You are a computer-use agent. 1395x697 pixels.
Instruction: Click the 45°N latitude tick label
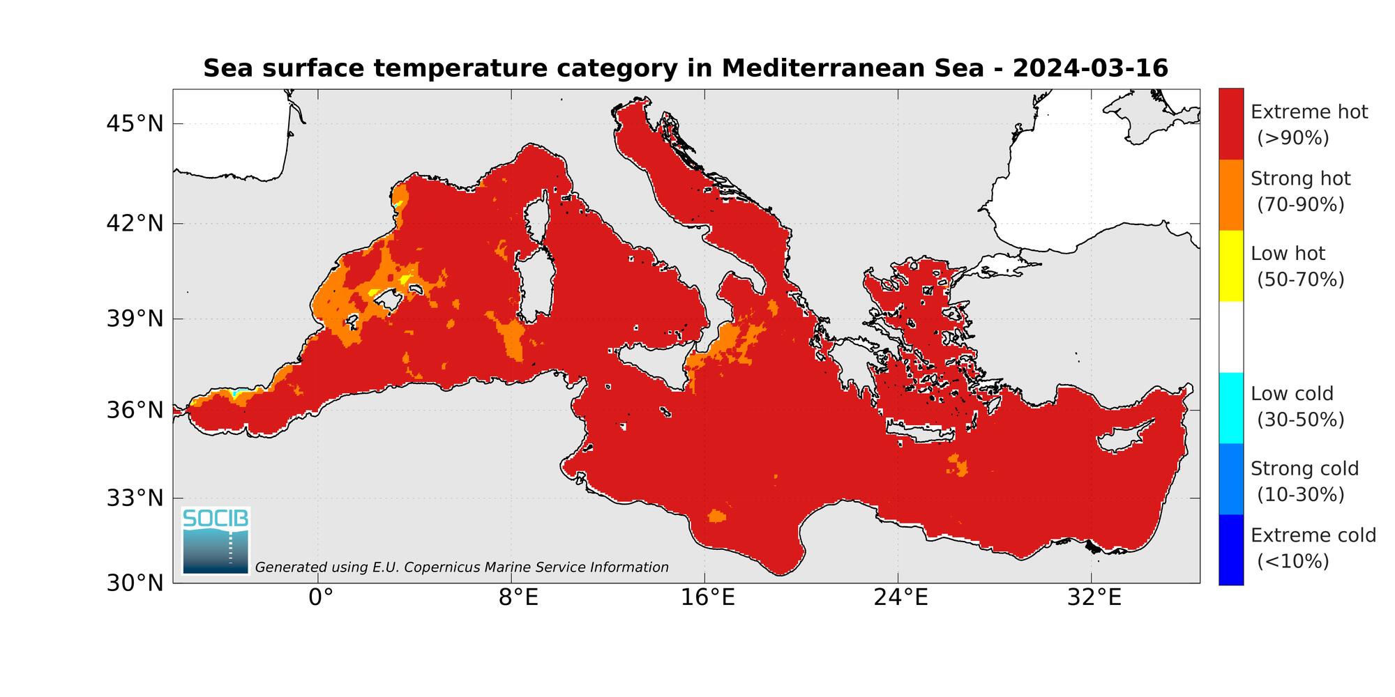(135, 124)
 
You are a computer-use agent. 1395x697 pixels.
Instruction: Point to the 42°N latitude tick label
(135, 224)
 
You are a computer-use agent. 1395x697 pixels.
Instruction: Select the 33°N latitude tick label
(135, 498)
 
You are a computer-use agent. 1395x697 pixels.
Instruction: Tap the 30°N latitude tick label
(135, 583)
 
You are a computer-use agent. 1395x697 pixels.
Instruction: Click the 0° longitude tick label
(319, 598)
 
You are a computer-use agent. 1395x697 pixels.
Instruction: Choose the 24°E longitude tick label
(900, 598)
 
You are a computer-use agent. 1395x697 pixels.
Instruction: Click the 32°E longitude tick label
(1094, 598)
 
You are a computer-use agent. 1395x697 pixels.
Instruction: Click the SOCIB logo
(216, 541)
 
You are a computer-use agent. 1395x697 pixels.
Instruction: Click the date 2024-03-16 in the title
(1089, 68)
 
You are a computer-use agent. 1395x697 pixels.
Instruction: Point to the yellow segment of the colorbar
(1231, 266)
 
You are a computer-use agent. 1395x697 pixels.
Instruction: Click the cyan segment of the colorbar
(1231, 408)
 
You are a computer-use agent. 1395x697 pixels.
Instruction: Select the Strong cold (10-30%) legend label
(1304, 481)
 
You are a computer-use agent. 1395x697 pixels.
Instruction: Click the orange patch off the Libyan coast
(716, 516)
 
